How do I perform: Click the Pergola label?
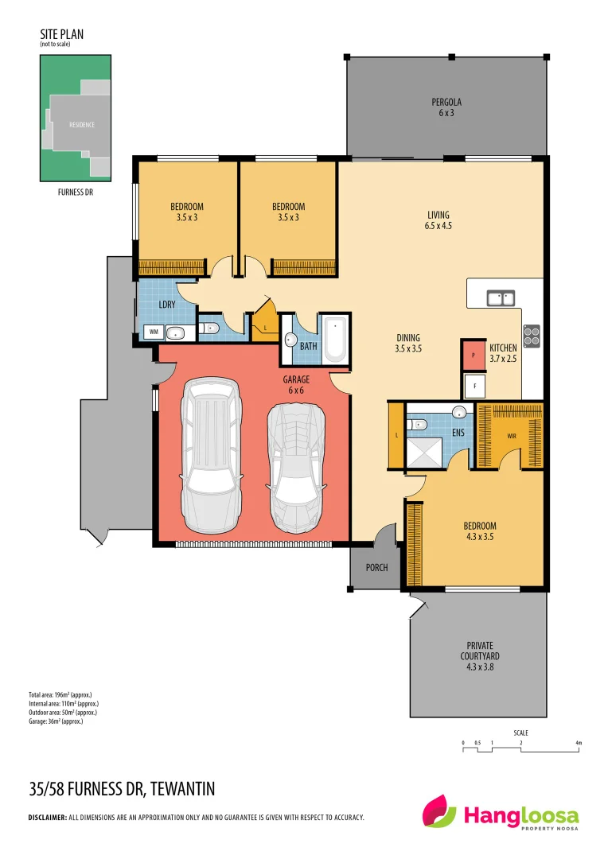coord(446,107)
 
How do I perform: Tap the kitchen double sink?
coord(501,298)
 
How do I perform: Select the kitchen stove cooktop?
coord(532,336)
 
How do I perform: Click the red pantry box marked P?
coord(474,355)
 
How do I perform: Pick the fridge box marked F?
coord(475,387)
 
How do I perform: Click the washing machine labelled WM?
coord(152,332)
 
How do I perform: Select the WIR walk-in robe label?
coord(512,436)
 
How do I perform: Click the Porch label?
coord(376,568)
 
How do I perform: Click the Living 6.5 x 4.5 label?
coord(438,220)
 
